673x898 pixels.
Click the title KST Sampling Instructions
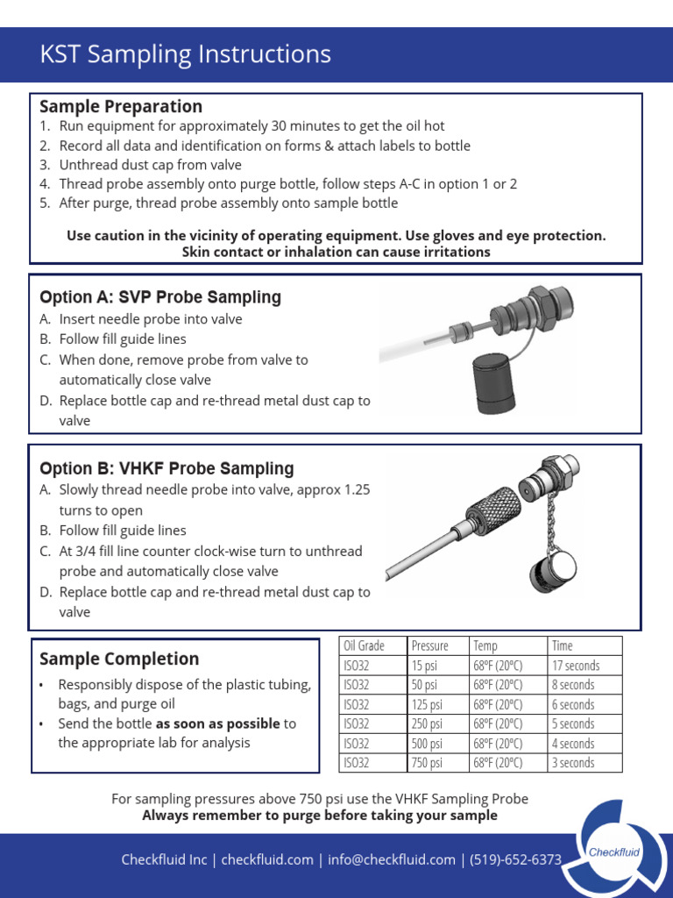(185, 54)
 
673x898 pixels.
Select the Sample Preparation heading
(121, 106)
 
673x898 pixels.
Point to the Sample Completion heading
(119, 659)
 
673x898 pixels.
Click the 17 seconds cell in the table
(575, 666)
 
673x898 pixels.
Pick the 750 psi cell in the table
(427, 763)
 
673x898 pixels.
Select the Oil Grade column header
(364, 645)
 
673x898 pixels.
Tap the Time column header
(562, 645)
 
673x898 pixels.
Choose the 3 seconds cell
(573, 763)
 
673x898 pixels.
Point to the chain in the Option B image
(545, 525)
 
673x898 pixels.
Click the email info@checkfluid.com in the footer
(392, 859)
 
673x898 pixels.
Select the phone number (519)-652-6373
(515, 859)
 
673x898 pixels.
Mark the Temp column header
(485, 645)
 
